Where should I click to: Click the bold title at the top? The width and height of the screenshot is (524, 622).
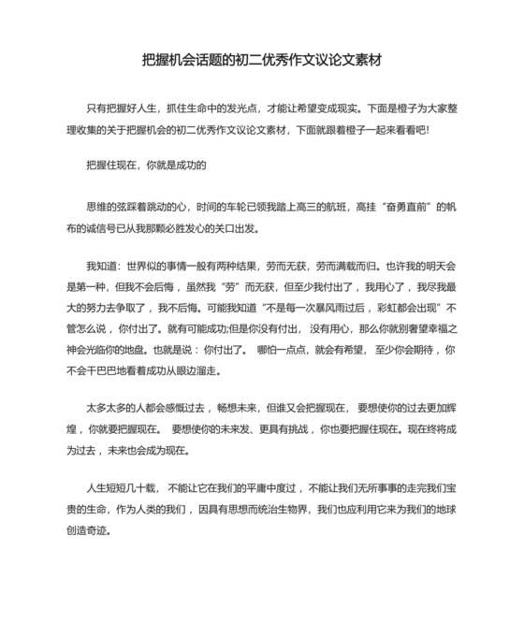262,60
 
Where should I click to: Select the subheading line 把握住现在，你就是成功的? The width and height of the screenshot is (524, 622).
145,166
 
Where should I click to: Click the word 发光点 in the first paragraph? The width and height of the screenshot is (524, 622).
255,109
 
